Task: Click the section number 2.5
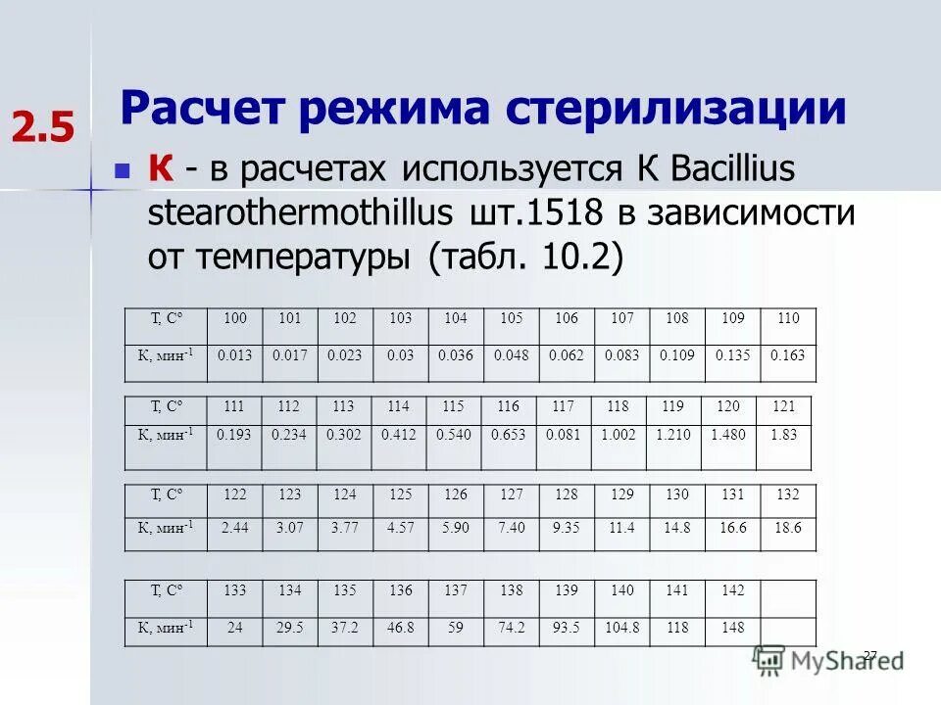(43, 128)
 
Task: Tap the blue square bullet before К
(123, 171)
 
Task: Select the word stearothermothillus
(300, 213)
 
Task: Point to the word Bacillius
(720, 169)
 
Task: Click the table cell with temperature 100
(235, 318)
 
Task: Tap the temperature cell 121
(784, 406)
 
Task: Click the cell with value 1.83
(783, 435)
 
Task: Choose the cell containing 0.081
(563, 435)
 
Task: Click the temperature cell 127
(511, 495)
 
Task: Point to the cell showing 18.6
(787, 527)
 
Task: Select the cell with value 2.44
(235, 527)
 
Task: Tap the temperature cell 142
(731, 590)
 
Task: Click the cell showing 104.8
(621, 627)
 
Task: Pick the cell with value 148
(731, 627)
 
